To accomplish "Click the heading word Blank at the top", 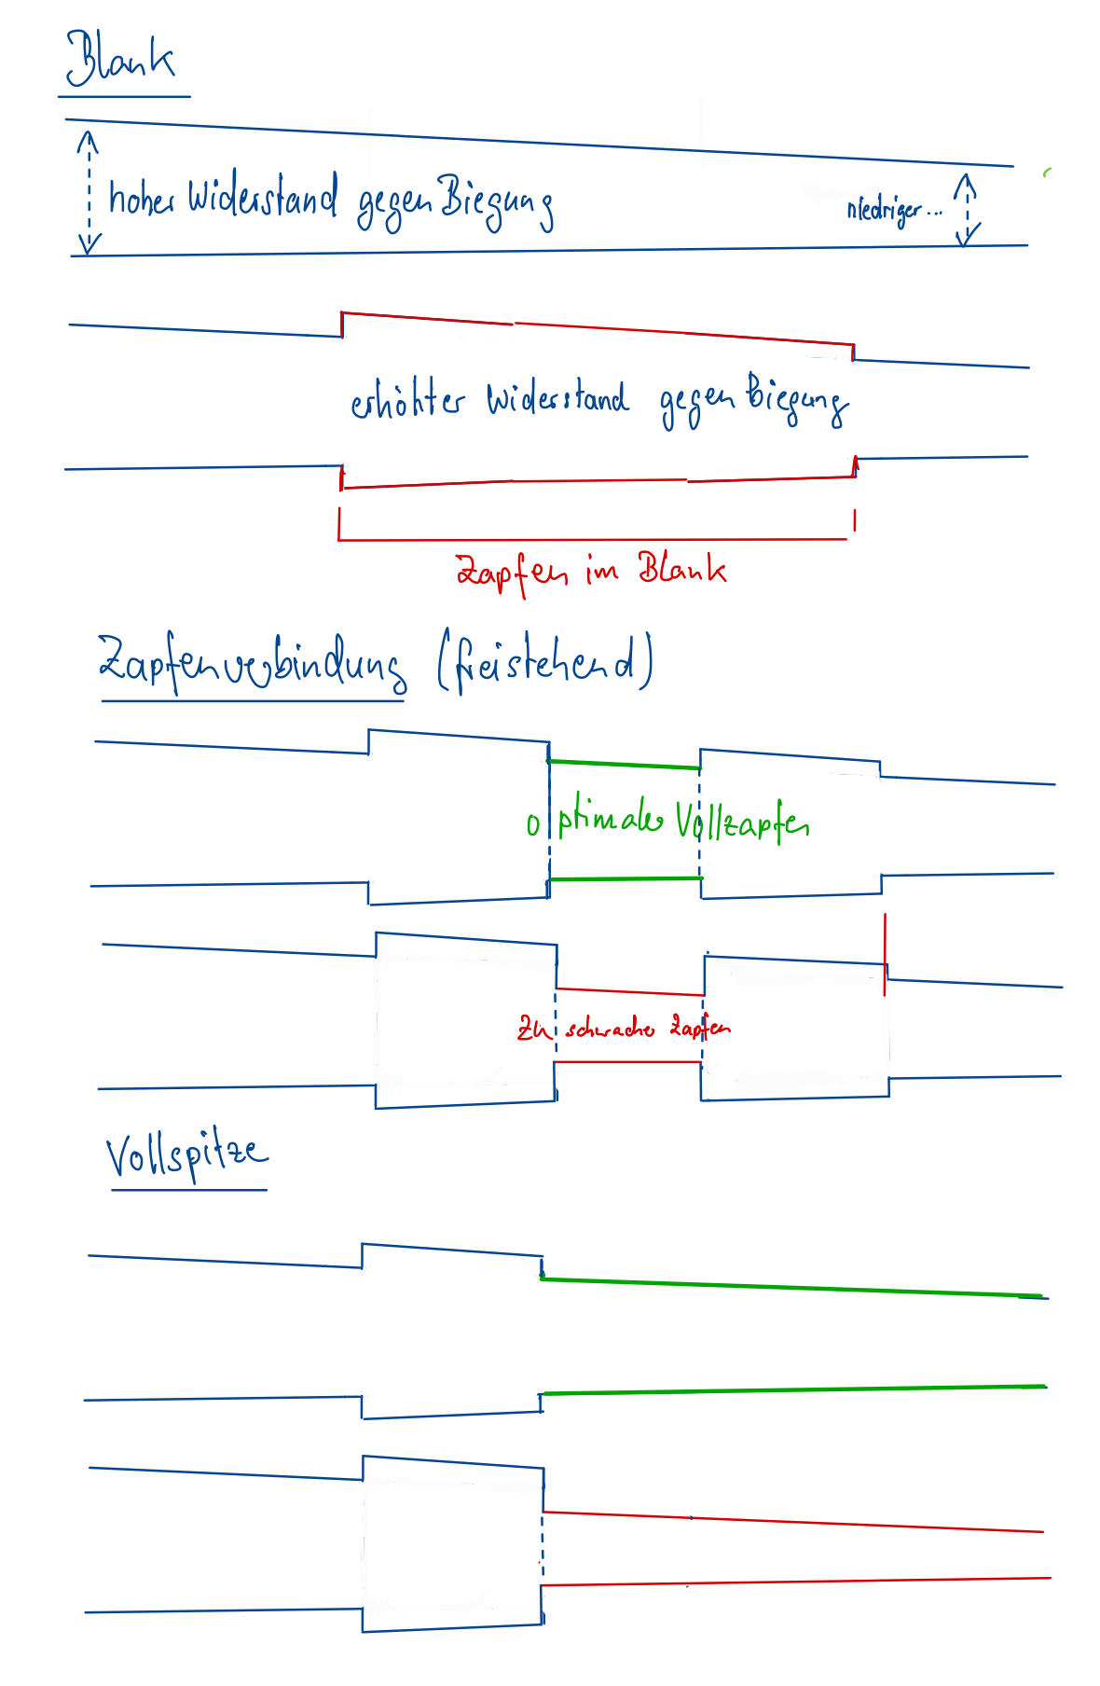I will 119,59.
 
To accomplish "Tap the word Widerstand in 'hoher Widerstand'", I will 262,197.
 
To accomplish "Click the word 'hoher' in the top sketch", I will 141,198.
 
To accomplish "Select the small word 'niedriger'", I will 884,210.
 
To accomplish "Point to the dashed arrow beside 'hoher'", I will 89,192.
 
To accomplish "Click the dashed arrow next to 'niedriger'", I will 968,209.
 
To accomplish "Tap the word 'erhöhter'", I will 406,400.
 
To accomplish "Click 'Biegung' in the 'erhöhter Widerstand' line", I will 796,398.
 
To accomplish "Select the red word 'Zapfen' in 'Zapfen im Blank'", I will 511,570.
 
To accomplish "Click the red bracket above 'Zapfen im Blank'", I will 593,538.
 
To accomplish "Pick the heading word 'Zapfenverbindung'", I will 252,663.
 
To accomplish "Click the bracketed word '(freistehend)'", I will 545,663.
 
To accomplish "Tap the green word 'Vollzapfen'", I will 742,822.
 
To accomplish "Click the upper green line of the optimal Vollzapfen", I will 624,765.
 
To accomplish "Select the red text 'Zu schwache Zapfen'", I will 624,1029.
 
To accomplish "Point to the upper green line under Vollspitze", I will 792,1287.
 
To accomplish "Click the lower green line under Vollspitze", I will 792,1390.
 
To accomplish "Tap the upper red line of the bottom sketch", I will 792,1522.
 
